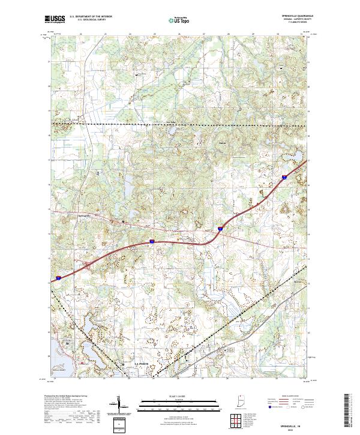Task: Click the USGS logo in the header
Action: (x=55, y=19)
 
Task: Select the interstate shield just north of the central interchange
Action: (x=220, y=228)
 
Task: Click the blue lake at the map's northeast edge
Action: (x=299, y=158)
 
